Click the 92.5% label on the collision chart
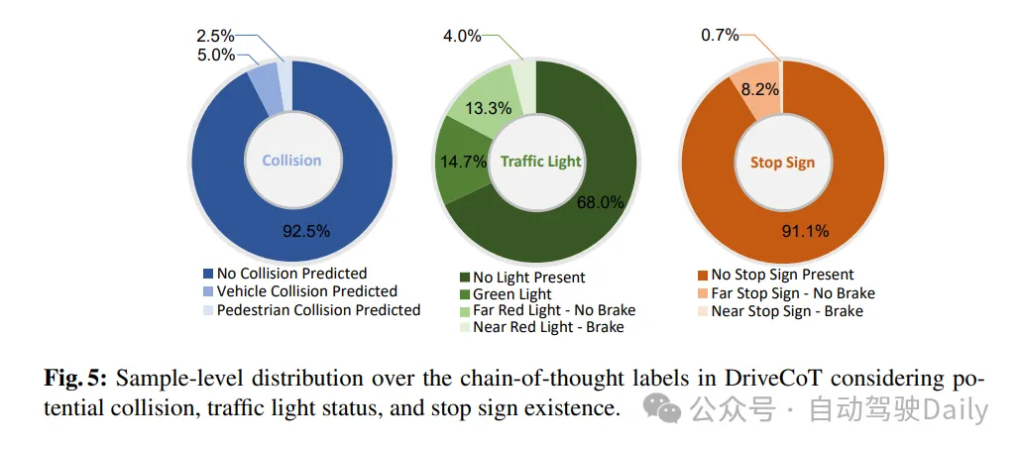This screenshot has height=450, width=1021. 304,231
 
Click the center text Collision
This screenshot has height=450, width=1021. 291,161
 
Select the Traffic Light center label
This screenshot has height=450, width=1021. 540,162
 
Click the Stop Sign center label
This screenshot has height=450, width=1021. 783,162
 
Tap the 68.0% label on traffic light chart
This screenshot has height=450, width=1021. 601,202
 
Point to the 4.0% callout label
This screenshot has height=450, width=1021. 462,37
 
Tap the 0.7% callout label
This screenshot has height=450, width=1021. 720,37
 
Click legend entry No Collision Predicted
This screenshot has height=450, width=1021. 291,274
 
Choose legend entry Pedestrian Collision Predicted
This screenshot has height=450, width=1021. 318,310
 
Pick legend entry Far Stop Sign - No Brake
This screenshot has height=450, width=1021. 793,293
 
